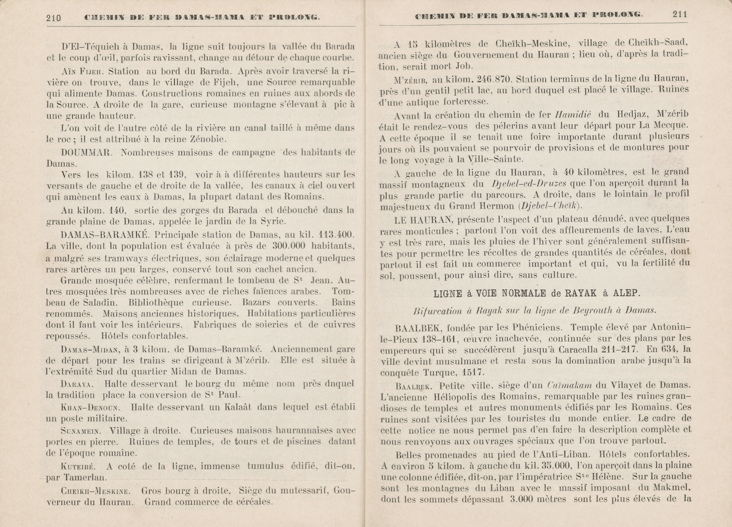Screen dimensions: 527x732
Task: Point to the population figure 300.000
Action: tap(289, 246)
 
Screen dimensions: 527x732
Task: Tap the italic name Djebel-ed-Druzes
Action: tap(529, 184)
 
